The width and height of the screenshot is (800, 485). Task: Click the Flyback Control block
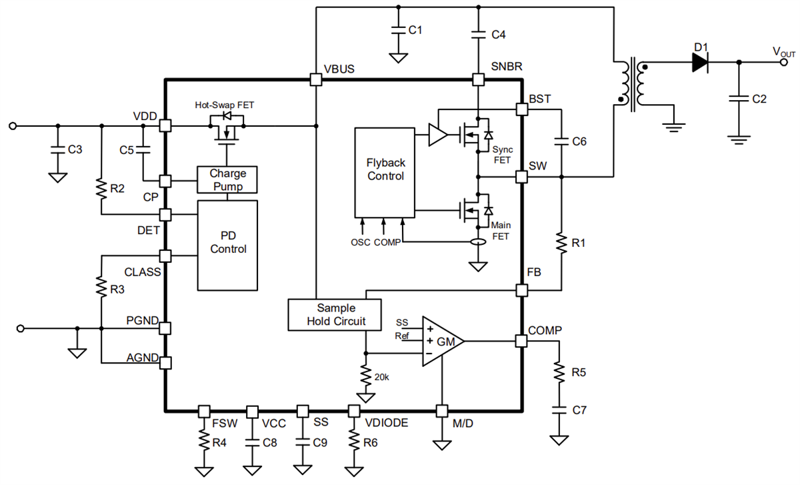(x=385, y=170)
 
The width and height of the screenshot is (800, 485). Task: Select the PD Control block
(x=228, y=244)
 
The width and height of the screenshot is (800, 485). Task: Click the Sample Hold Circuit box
(x=335, y=315)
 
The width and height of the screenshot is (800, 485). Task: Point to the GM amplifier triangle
(x=441, y=341)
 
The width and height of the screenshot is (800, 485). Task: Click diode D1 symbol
(x=699, y=63)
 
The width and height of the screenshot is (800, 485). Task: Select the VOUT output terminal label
(x=783, y=51)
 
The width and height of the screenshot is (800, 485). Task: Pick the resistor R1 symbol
(x=561, y=243)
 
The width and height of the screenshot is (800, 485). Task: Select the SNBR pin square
(x=478, y=80)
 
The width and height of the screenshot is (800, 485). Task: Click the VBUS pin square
(x=316, y=80)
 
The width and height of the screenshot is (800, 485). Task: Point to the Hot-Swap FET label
(x=225, y=105)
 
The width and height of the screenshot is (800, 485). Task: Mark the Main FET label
(x=501, y=230)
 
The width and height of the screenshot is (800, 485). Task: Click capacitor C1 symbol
(x=398, y=30)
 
